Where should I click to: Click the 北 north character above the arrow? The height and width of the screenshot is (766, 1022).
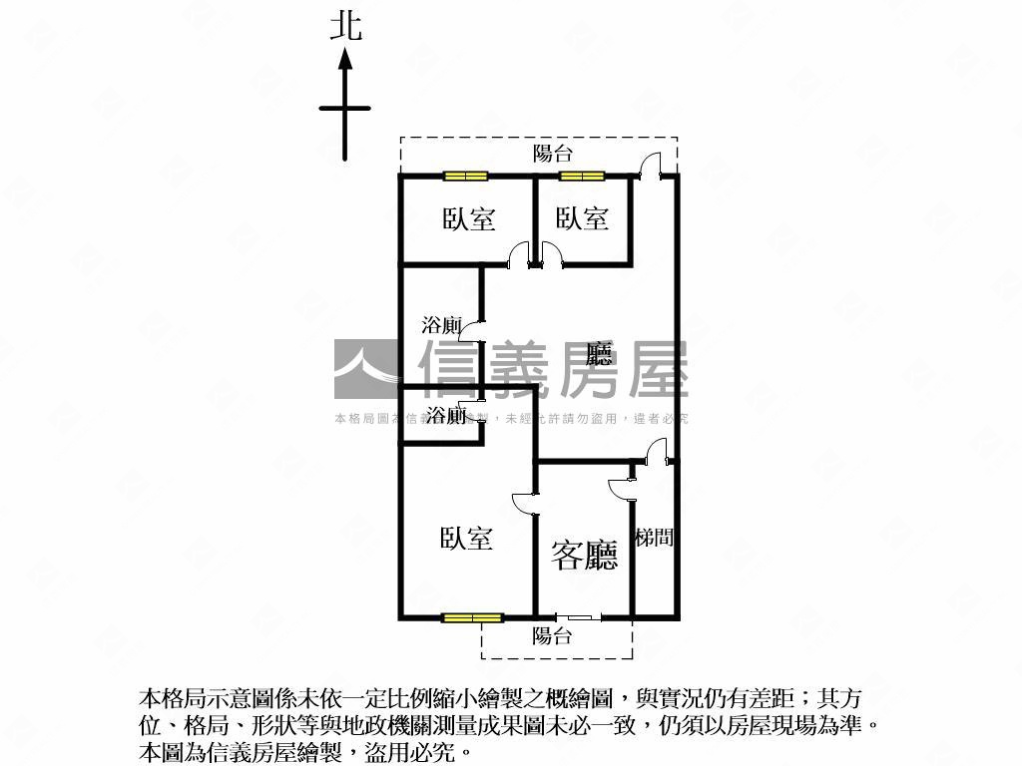coord(345,26)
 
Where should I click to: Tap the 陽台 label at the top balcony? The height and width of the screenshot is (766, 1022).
coord(552,153)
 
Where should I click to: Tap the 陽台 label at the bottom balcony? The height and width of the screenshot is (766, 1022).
coord(552,635)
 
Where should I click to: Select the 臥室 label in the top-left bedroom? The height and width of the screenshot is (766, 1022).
coord(469,218)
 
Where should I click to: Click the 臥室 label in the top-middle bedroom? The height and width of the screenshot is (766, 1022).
coord(582,218)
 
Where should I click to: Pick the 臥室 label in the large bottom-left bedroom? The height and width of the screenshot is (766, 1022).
coord(466,539)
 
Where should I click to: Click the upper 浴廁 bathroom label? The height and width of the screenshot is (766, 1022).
coord(441,325)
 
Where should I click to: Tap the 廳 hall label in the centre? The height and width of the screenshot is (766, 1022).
coord(599,354)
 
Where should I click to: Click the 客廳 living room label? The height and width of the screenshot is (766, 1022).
coord(585,555)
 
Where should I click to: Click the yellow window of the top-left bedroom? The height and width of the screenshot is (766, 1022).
coord(466,177)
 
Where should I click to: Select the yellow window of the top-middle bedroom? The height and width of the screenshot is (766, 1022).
coord(582,177)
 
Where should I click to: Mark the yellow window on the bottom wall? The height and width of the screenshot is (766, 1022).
coord(473,618)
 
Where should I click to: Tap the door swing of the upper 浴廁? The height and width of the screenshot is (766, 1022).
coord(477,332)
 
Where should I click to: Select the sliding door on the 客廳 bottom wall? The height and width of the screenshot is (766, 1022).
coord(579,618)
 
